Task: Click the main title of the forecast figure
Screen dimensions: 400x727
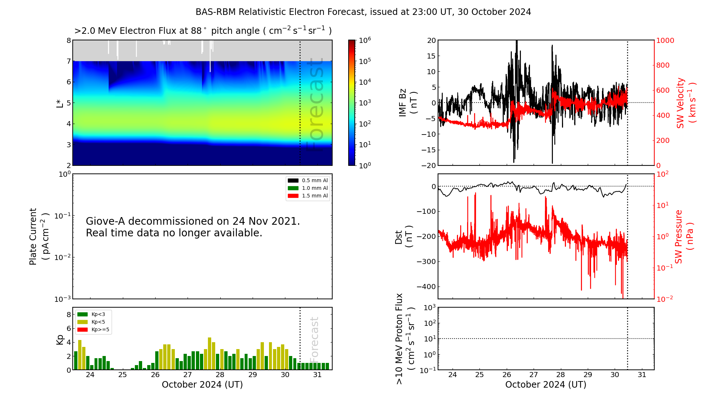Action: click(363, 12)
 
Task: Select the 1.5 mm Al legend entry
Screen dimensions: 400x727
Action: click(315, 196)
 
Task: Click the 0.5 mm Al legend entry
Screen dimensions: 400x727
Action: click(315, 180)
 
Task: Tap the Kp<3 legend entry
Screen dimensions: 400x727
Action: click(98, 314)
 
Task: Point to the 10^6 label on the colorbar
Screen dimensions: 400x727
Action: click(365, 40)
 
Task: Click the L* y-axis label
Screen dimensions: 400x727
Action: click(60, 103)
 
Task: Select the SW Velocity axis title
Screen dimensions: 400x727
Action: click(680, 103)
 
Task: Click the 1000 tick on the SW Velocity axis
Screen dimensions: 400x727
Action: click(665, 40)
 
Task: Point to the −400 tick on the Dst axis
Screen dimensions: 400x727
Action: click(426, 287)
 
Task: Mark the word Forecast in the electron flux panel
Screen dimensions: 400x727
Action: click(315, 105)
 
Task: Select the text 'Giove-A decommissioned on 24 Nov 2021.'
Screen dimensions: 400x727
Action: click(193, 221)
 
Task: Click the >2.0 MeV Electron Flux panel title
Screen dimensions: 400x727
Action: click(203, 31)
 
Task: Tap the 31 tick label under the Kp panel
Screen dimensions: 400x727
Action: click(317, 375)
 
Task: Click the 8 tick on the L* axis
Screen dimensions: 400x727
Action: click(69, 40)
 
